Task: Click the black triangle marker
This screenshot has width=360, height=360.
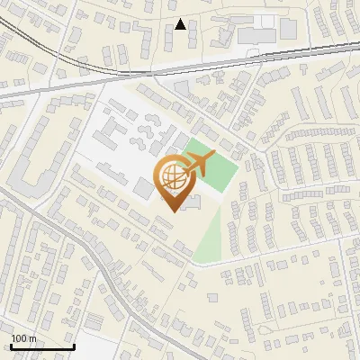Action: [181, 24]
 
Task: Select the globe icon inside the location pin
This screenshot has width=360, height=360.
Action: [171, 177]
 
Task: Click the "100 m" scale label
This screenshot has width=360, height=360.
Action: [23, 338]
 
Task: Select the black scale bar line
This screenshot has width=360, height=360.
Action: [41, 347]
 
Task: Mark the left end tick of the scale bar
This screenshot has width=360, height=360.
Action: [11, 346]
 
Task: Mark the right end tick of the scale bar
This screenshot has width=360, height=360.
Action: [73, 346]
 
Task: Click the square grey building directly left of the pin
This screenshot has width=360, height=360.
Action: [144, 188]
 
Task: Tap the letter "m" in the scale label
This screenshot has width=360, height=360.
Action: [32, 338]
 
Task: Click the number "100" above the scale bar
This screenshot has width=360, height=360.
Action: [19, 338]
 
